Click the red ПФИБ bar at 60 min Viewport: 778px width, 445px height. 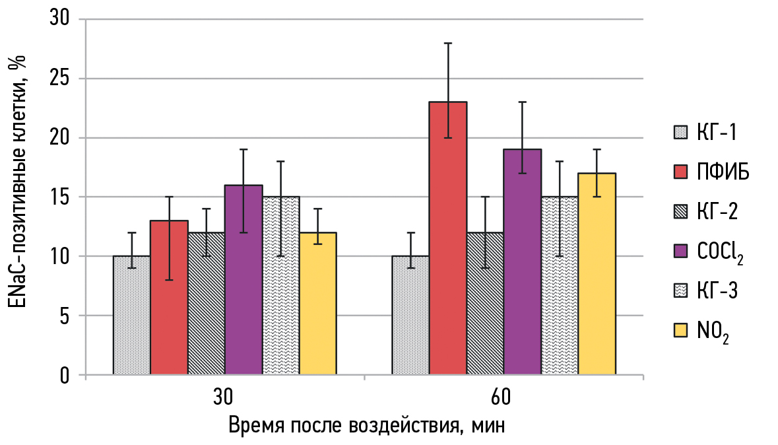[x=447, y=238]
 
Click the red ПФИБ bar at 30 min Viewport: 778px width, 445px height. [x=169, y=297]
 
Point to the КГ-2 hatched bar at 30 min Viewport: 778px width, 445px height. [x=207, y=303]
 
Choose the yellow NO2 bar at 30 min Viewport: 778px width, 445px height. [x=318, y=303]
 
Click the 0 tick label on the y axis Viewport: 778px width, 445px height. [x=65, y=375]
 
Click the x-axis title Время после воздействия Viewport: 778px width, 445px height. [x=367, y=424]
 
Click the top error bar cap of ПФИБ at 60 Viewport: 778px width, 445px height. [x=447, y=43]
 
